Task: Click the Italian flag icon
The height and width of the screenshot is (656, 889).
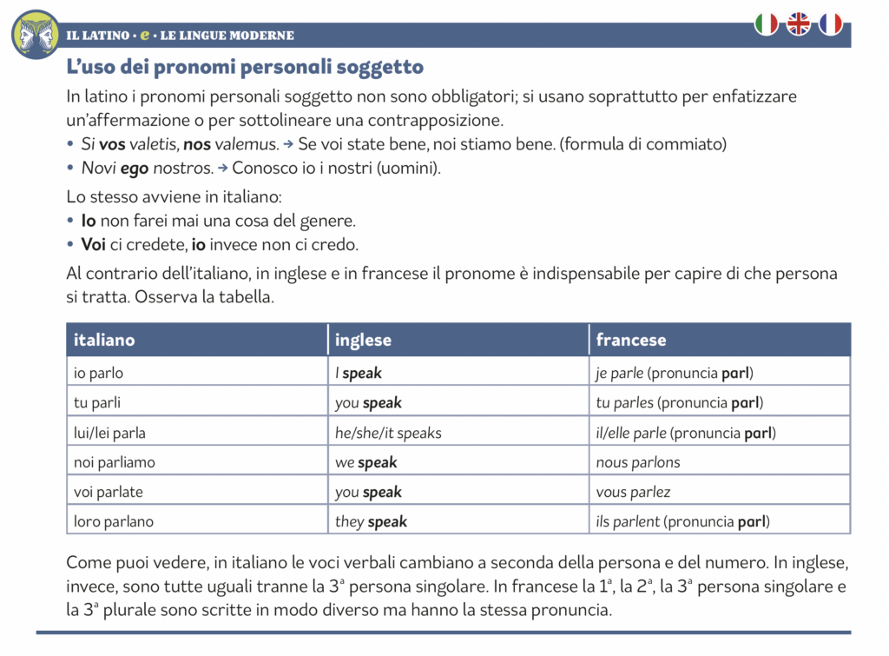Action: tap(767, 24)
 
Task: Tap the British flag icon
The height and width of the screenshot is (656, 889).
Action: tap(799, 24)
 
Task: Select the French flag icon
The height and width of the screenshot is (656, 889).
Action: tap(831, 24)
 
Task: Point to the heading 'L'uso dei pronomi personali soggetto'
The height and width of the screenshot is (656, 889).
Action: tap(245, 67)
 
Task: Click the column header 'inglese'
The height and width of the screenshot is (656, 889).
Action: tap(364, 340)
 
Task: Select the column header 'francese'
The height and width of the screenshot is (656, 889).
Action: tap(631, 340)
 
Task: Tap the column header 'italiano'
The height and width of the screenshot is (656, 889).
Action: tap(104, 340)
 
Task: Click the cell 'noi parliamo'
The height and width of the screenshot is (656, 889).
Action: tap(115, 462)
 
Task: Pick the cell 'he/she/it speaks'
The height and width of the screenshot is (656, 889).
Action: tap(388, 433)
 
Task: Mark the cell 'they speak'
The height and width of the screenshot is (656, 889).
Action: tap(372, 521)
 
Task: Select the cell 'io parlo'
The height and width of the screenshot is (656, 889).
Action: tap(98, 374)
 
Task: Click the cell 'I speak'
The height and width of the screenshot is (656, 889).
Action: tap(359, 374)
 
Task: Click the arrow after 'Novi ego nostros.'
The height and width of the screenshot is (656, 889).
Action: tap(223, 168)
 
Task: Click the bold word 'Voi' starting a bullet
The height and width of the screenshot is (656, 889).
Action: tap(95, 244)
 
